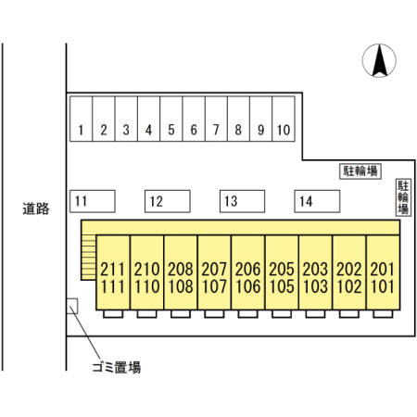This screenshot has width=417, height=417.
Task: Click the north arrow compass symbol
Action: [379, 60]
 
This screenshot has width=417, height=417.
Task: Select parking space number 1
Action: [81, 119]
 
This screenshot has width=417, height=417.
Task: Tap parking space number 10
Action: [284, 119]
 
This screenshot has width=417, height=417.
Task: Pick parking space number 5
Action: [171, 119]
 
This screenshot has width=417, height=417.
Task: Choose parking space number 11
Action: [93, 201]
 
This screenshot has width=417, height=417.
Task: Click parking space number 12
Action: [168, 201]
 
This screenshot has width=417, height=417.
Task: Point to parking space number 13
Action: [242, 201]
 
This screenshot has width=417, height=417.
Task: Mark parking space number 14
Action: [317, 201]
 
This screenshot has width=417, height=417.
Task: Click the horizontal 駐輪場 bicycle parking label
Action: [360, 171]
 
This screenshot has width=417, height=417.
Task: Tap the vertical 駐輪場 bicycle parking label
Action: [403, 197]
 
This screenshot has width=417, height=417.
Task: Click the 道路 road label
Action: [36, 208]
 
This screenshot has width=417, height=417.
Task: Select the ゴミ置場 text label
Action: [117, 367]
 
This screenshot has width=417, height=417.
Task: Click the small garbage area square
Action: [72, 306]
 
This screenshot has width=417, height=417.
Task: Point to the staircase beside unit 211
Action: [89, 258]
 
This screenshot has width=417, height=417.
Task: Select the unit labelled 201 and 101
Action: [383, 272]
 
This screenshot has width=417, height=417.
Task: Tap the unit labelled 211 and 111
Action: [113, 272]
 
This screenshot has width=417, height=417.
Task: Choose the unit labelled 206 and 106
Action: [248, 272]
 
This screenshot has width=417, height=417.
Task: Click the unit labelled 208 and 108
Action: [181, 272]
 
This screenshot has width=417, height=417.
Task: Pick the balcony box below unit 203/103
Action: [315, 314]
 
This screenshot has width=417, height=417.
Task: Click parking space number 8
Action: [238, 119]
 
